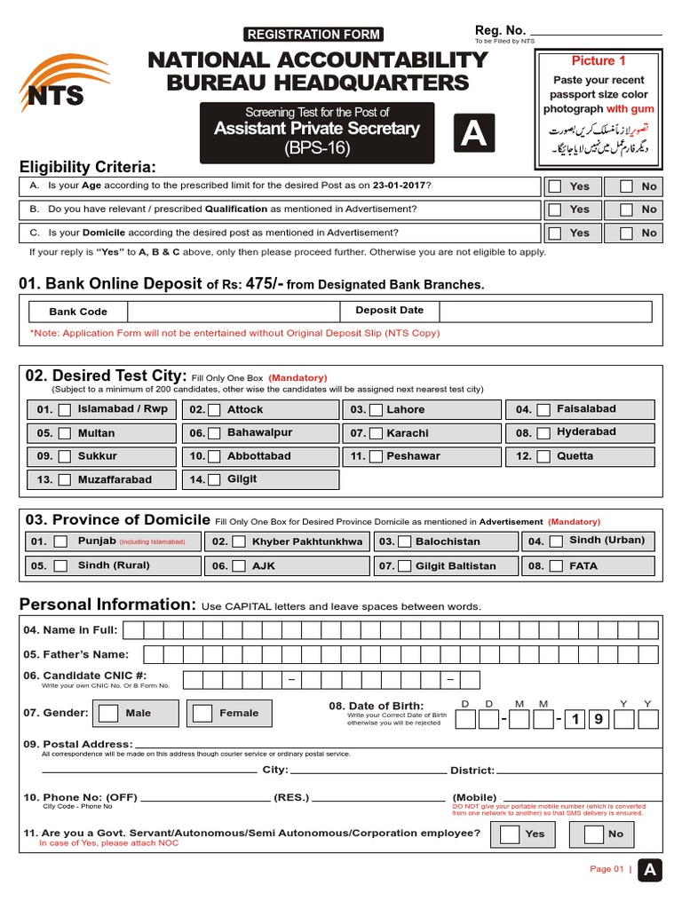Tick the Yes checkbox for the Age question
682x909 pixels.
click(x=555, y=186)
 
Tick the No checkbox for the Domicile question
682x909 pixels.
click(x=627, y=233)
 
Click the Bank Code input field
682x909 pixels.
click(x=234, y=312)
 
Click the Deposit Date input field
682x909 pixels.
click(x=544, y=312)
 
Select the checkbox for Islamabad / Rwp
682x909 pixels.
click(x=65, y=410)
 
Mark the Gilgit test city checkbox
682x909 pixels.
click(x=215, y=480)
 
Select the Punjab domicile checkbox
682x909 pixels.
click(x=60, y=541)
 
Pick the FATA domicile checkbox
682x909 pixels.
click(x=556, y=565)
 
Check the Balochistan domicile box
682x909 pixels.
click(x=405, y=541)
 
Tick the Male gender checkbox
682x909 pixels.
click(x=109, y=713)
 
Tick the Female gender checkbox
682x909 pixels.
click(x=203, y=713)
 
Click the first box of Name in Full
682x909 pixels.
click(x=133, y=630)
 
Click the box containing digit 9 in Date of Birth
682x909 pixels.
click(x=598, y=719)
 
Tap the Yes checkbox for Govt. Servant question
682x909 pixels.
click(x=510, y=834)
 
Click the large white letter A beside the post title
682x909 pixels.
click(x=473, y=134)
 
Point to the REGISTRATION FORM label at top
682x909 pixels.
click(x=313, y=35)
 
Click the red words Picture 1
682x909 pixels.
click(x=599, y=61)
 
